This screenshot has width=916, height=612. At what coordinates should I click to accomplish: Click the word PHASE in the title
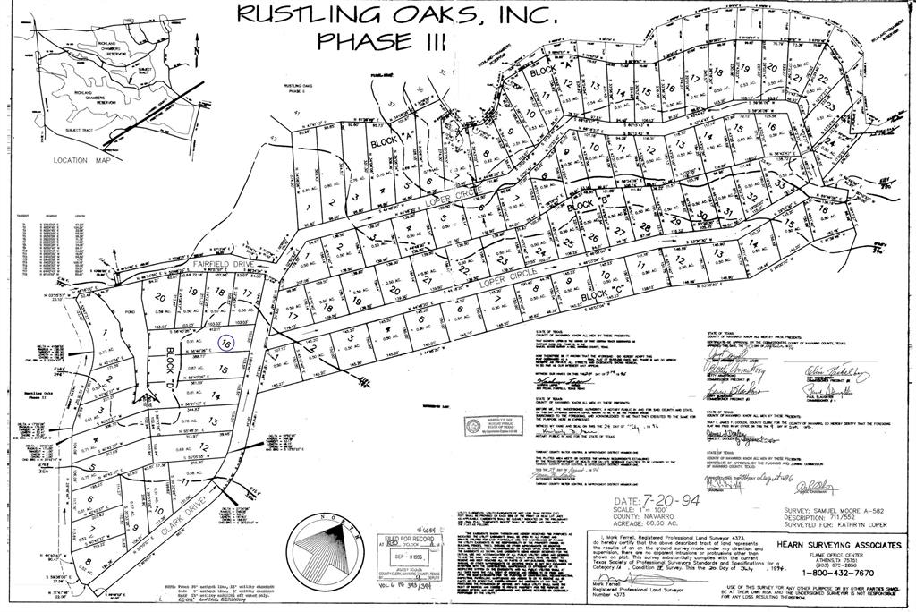pyautogui.click(x=368, y=40)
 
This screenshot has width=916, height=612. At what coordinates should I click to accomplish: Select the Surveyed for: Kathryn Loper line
pyautogui.click(x=835, y=526)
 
